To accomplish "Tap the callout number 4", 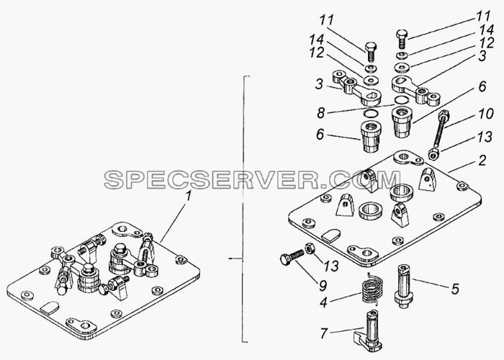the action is point(323,302).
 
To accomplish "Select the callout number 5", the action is point(454,289).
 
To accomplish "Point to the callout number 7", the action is point(323,333).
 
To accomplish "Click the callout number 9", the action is point(323,285).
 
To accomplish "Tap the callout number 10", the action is point(485,113).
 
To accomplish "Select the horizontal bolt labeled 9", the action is point(292,256).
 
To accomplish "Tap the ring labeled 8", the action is point(400,99).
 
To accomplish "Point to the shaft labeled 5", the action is point(402,286).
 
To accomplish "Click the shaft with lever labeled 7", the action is point(369,331).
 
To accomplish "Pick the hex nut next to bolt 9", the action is point(309,248).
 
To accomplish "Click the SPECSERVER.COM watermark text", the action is point(252,180).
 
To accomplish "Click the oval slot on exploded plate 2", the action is point(331,234).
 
